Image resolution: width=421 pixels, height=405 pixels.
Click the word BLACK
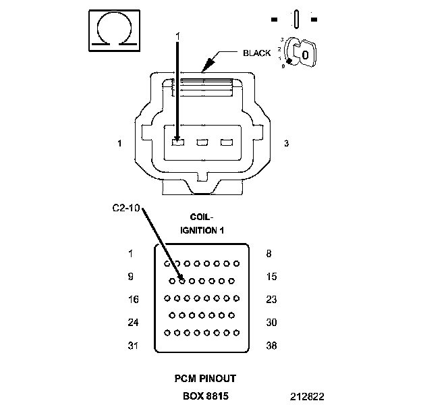point(257,53)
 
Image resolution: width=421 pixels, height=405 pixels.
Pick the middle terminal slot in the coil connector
point(201,142)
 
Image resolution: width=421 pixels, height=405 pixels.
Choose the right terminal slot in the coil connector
point(226,142)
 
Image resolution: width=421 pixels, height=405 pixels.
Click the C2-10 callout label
point(125,208)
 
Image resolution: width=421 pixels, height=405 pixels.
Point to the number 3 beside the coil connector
point(287,144)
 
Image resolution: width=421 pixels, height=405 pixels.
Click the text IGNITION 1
point(202,230)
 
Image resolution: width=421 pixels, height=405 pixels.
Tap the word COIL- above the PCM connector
point(202,217)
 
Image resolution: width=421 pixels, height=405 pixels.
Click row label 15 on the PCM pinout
point(271,277)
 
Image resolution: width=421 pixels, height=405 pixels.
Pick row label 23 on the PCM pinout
point(271,300)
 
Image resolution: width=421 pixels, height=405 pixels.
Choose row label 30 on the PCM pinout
point(271,323)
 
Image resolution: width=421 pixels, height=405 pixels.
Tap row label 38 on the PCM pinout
point(271,346)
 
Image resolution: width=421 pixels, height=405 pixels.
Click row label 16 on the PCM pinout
point(133,300)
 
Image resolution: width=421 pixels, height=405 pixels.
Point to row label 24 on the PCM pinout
point(133,323)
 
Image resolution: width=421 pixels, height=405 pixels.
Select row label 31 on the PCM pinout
point(133,346)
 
